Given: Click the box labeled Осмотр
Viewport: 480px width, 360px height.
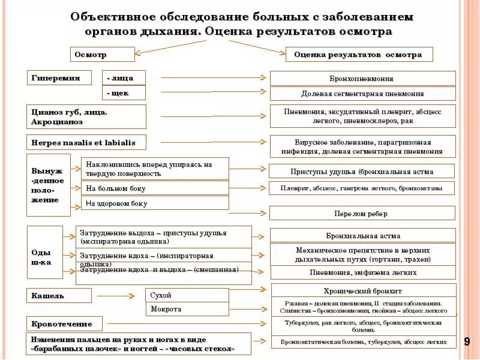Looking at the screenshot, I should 102,54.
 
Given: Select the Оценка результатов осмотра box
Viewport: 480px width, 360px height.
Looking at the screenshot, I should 359,55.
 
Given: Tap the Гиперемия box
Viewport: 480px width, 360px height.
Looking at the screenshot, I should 59,77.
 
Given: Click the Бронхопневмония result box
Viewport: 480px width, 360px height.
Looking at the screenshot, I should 362,79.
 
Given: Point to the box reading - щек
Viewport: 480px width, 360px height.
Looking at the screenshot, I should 124,93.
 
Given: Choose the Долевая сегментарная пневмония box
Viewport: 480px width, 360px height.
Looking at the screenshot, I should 362,94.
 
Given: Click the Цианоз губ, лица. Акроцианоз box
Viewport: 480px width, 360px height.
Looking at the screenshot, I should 86,116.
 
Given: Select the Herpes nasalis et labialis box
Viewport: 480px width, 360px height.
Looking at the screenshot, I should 86,143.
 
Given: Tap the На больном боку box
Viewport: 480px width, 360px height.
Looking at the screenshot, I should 155,188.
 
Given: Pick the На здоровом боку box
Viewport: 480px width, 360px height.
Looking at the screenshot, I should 155,203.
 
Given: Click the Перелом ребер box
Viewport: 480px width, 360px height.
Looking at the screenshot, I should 362,213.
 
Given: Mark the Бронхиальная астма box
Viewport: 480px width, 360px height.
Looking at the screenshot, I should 363,236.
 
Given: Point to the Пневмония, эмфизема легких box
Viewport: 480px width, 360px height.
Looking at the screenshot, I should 363,272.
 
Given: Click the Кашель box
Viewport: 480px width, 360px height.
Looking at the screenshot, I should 59,295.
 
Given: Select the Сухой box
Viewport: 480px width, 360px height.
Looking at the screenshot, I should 187,295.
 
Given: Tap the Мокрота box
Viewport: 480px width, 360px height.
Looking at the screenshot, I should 187,309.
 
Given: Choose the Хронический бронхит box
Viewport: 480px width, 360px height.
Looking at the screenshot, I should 363,290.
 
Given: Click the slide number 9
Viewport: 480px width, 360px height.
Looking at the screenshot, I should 466,341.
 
